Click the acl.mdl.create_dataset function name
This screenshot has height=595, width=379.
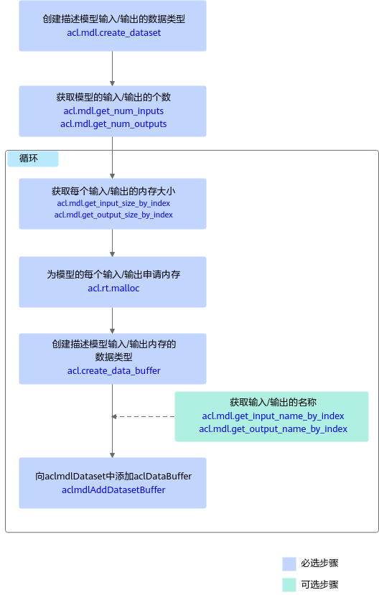(x=114, y=33)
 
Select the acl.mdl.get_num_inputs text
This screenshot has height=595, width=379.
(x=113, y=111)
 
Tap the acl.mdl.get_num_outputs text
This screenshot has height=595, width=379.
(x=113, y=124)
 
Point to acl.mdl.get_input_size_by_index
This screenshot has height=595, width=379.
(x=113, y=203)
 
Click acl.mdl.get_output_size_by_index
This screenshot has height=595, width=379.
(x=113, y=215)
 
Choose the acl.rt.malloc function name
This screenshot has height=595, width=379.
(x=113, y=289)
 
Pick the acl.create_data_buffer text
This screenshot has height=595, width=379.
(x=114, y=371)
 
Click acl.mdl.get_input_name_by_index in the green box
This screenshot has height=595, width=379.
(x=273, y=416)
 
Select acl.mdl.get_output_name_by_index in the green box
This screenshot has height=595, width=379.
(x=273, y=429)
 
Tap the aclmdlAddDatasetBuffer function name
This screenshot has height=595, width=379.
(x=113, y=490)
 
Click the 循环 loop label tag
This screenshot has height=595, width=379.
(x=33, y=159)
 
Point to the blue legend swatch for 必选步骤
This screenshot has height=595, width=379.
(x=289, y=564)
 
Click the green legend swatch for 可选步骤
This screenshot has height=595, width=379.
(x=289, y=585)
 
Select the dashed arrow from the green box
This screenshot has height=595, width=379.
(x=143, y=417)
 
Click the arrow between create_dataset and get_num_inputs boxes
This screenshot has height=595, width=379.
(x=112, y=69)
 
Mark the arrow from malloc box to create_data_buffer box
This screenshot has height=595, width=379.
(x=112, y=321)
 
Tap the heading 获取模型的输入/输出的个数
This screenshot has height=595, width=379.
(x=113, y=98)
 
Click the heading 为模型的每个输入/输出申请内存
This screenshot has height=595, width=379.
(x=113, y=274)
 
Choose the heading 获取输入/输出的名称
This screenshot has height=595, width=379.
(x=273, y=402)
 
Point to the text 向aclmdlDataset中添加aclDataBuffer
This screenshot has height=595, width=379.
(x=113, y=477)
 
